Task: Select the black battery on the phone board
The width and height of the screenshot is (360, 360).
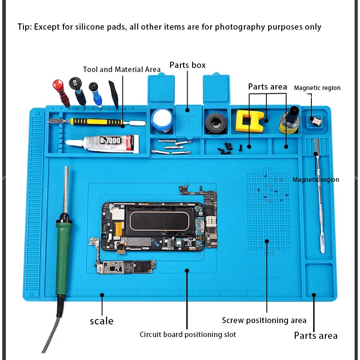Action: coord(159,220)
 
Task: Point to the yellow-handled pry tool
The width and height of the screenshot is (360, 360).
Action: coord(97,122)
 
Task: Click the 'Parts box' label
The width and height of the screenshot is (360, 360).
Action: coord(187,65)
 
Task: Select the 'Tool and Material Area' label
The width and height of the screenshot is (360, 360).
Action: coord(121,69)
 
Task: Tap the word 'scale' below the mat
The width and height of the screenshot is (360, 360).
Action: coord(102,321)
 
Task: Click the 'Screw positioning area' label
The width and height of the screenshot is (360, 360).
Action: coord(264,320)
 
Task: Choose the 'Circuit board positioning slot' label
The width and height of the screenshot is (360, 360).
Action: coord(187,334)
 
